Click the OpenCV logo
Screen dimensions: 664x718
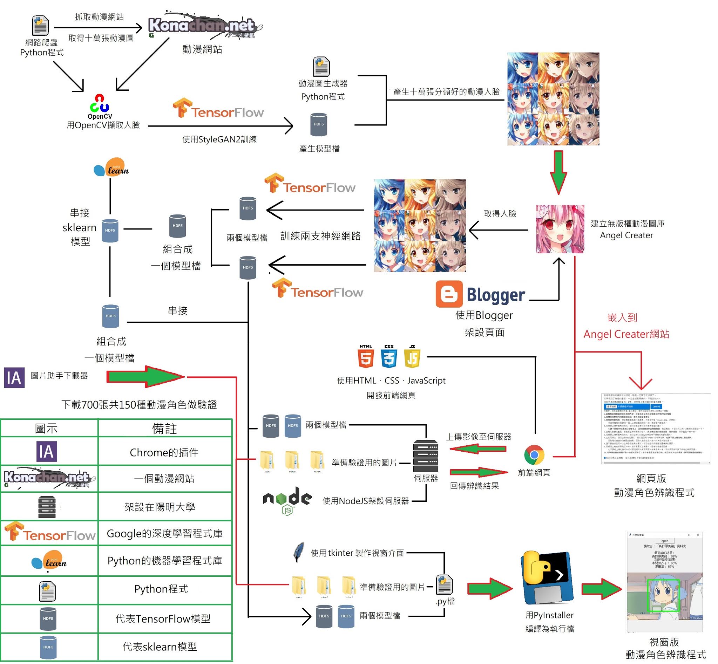coord(100,104)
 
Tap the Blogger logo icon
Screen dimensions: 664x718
coord(449,294)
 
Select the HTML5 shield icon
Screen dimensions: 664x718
coord(366,357)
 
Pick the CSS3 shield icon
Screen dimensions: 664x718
coord(389,357)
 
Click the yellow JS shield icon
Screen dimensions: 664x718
coord(412,357)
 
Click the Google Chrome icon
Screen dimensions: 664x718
coord(534,455)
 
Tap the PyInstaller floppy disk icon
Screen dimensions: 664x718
coord(547,579)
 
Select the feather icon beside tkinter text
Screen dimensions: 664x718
coord(299,552)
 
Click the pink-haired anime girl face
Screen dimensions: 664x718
coord(560,229)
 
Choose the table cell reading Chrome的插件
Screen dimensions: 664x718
coord(164,452)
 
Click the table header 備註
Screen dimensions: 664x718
coord(164,429)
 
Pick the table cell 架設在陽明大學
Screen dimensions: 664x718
coord(160,507)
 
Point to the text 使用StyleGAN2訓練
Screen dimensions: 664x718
coord(219,139)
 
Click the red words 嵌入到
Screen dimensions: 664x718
coord(622,317)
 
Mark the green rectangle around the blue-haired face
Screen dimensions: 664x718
coord(663,595)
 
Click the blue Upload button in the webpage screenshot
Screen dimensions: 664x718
coord(656,406)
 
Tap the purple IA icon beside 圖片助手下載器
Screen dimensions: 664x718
coord(14,378)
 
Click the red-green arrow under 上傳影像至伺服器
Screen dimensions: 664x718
coord(478,449)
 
